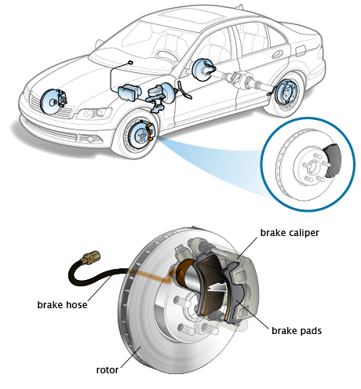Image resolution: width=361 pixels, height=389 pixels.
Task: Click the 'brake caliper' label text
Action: pos(290,233)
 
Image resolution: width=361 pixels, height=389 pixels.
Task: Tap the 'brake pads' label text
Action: pos(297,331)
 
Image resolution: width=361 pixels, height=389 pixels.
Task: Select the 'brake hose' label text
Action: pos(62,305)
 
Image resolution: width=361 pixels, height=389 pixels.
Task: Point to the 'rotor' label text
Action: pos(108,370)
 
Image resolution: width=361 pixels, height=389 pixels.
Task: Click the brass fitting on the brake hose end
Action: pos(90,257)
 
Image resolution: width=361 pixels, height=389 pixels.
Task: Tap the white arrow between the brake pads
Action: pos(217,288)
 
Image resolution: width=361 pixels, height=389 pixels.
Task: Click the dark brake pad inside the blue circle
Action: pos(333,161)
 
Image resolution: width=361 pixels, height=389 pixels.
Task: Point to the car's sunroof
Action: pos(191,16)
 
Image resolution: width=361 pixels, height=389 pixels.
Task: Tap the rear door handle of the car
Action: pos(277,54)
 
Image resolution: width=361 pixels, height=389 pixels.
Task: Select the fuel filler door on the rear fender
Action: pos(301,51)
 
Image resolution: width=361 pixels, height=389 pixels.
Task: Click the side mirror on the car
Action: pos(99,43)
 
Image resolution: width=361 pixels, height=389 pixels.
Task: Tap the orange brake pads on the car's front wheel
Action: pos(150,132)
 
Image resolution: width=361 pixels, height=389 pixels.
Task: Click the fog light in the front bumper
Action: pos(89,139)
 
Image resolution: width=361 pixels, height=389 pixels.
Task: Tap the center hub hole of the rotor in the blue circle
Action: pos(312,167)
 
